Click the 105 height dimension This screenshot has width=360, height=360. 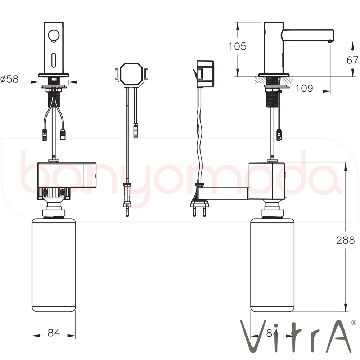tap(237, 46)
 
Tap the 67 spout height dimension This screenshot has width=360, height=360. tap(352, 60)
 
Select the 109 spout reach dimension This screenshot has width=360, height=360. tap(304, 88)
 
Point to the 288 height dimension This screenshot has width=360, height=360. tap(346, 240)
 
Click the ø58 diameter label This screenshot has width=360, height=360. tap(10, 79)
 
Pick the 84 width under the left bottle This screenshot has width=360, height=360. tap(54, 333)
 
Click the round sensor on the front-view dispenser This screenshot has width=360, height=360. tap(54, 36)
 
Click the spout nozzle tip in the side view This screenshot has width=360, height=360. tap(330, 41)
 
